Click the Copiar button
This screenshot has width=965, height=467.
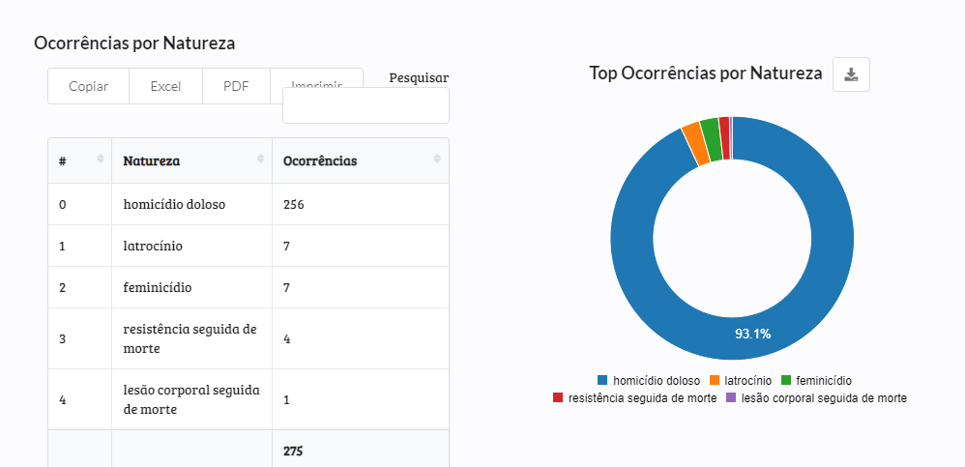click(x=88, y=86)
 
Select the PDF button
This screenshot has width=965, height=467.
click(x=236, y=86)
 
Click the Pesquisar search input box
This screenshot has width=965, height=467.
click(x=366, y=106)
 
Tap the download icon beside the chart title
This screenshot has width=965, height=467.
click(x=851, y=74)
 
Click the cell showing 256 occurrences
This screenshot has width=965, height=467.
click(x=294, y=204)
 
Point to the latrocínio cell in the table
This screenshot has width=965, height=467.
click(x=153, y=246)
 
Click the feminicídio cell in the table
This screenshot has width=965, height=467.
click(x=158, y=287)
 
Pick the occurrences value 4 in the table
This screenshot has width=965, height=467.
click(x=287, y=338)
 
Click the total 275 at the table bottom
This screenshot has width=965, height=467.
click(x=293, y=451)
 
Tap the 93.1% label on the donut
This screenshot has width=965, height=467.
click(x=752, y=334)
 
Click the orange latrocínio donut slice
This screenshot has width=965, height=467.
click(x=691, y=131)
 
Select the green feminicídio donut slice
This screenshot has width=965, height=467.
click(x=710, y=126)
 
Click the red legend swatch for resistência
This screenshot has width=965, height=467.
click(x=558, y=397)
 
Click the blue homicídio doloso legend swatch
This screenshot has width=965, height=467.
click(x=603, y=381)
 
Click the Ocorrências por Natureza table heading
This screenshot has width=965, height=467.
click(x=134, y=43)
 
